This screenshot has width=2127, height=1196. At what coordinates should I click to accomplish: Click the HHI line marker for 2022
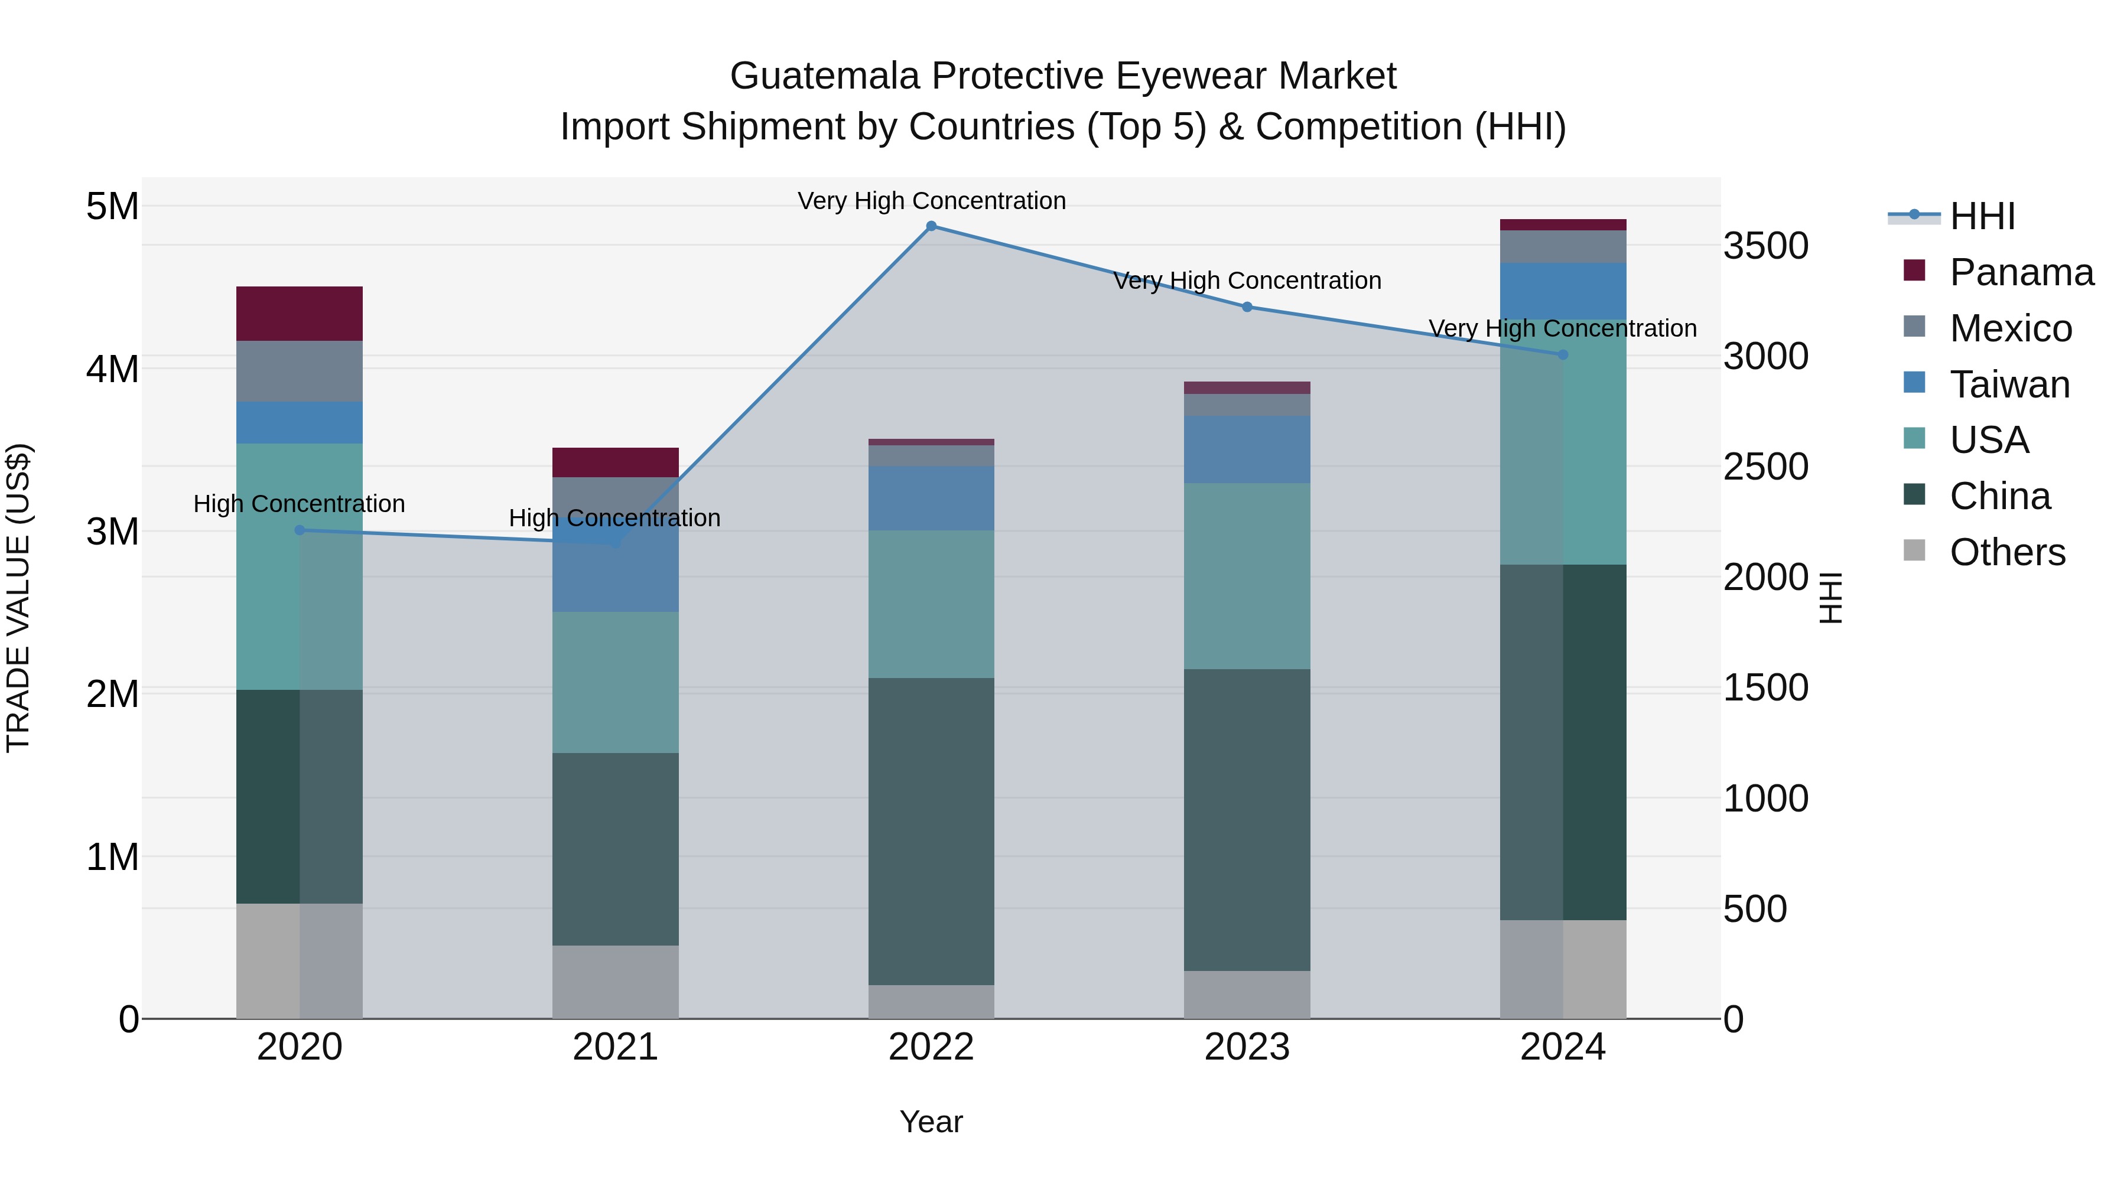(931, 226)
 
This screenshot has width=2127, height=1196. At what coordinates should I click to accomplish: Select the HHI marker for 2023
(1247, 307)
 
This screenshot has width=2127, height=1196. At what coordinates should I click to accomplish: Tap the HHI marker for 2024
(1562, 355)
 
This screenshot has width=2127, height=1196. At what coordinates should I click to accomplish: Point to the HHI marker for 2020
(300, 531)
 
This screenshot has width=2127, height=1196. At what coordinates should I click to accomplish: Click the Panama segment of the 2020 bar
(300, 314)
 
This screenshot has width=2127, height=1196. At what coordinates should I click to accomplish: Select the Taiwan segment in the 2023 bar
(1247, 450)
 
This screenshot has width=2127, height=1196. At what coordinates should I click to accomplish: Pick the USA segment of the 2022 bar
(931, 604)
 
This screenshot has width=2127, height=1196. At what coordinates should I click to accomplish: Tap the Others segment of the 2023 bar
(1247, 995)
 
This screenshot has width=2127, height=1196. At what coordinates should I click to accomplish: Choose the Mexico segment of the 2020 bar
(300, 371)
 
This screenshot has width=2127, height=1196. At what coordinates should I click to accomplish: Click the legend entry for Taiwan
(2009, 384)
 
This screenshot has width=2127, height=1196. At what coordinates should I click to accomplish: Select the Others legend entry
(2006, 552)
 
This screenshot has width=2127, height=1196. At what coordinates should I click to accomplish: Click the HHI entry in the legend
(1982, 216)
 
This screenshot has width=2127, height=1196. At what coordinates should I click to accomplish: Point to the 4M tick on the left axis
(112, 369)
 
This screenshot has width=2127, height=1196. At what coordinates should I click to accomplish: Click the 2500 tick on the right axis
(1765, 467)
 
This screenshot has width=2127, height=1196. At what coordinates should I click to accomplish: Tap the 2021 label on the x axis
(615, 1047)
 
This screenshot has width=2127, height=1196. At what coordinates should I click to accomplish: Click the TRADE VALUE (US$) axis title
(18, 598)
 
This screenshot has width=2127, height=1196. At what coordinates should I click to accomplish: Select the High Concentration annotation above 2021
(614, 519)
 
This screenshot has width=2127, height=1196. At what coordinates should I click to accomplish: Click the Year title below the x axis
(931, 1122)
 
